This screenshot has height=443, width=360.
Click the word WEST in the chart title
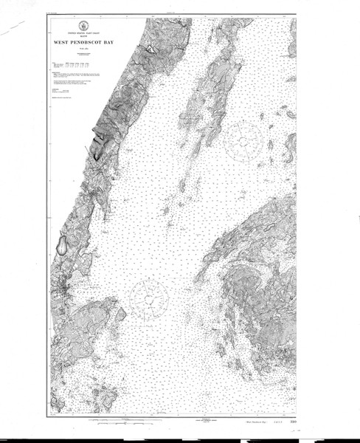(62, 43)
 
